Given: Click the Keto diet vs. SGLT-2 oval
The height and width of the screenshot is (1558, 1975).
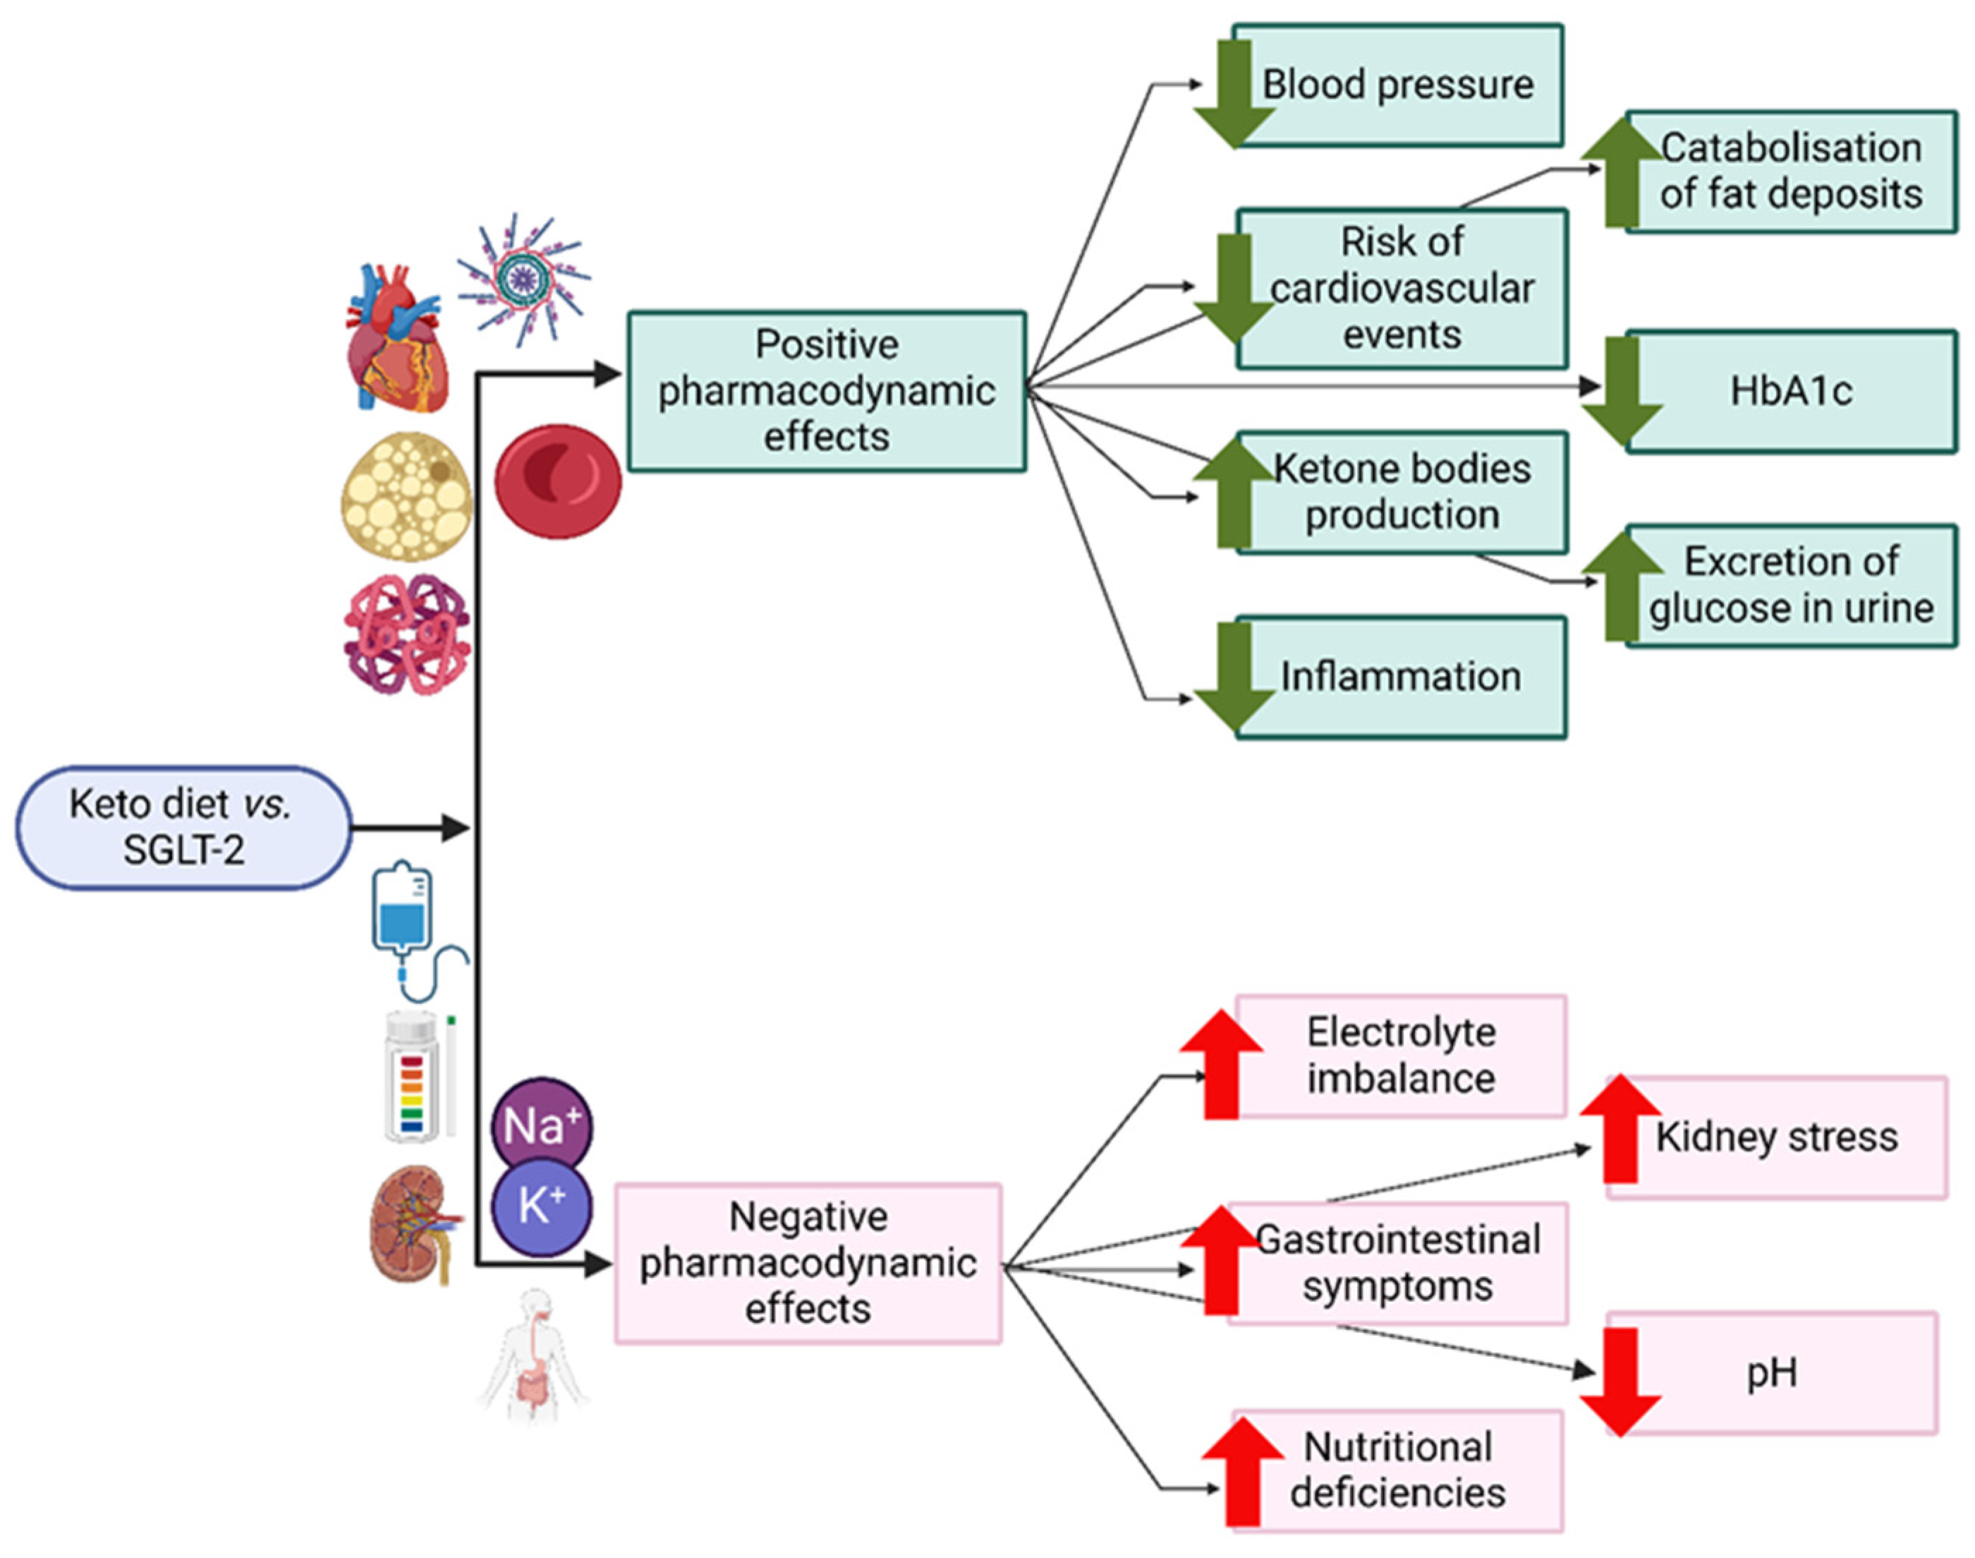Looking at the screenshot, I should pyautogui.click(x=183, y=828).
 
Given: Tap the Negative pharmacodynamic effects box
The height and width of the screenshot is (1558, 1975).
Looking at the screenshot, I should pyautogui.click(x=808, y=1263).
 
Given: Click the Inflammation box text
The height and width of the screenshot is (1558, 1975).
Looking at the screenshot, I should pyautogui.click(x=1401, y=677).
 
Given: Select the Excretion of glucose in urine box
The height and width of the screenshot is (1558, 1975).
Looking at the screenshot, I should pyautogui.click(x=1791, y=586).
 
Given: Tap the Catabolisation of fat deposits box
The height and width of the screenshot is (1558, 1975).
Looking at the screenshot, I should pyautogui.click(x=1791, y=171).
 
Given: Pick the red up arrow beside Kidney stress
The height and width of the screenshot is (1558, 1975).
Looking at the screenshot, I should pyautogui.click(x=1619, y=1129).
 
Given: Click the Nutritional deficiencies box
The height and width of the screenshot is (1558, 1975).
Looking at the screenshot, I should pyautogui.click(x=1398, y=1471).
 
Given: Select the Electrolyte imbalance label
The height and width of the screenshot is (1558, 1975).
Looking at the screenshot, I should pyautogui.click(x=1401, y=1056).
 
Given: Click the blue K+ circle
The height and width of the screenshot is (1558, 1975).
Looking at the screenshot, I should pyautogui.click(x=542, y=1207).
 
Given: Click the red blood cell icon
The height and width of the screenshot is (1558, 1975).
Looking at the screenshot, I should pyautogui.click(x=557, y=481).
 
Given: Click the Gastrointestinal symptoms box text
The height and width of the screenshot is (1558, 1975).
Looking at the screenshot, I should pyautogui.click(x=1398, y=1263).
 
